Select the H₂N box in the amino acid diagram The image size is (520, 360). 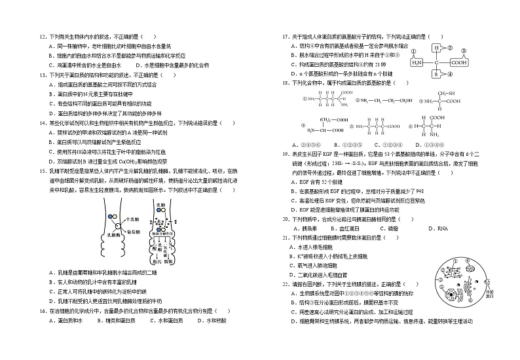click(417, 63)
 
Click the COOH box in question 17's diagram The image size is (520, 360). click(458, 63)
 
